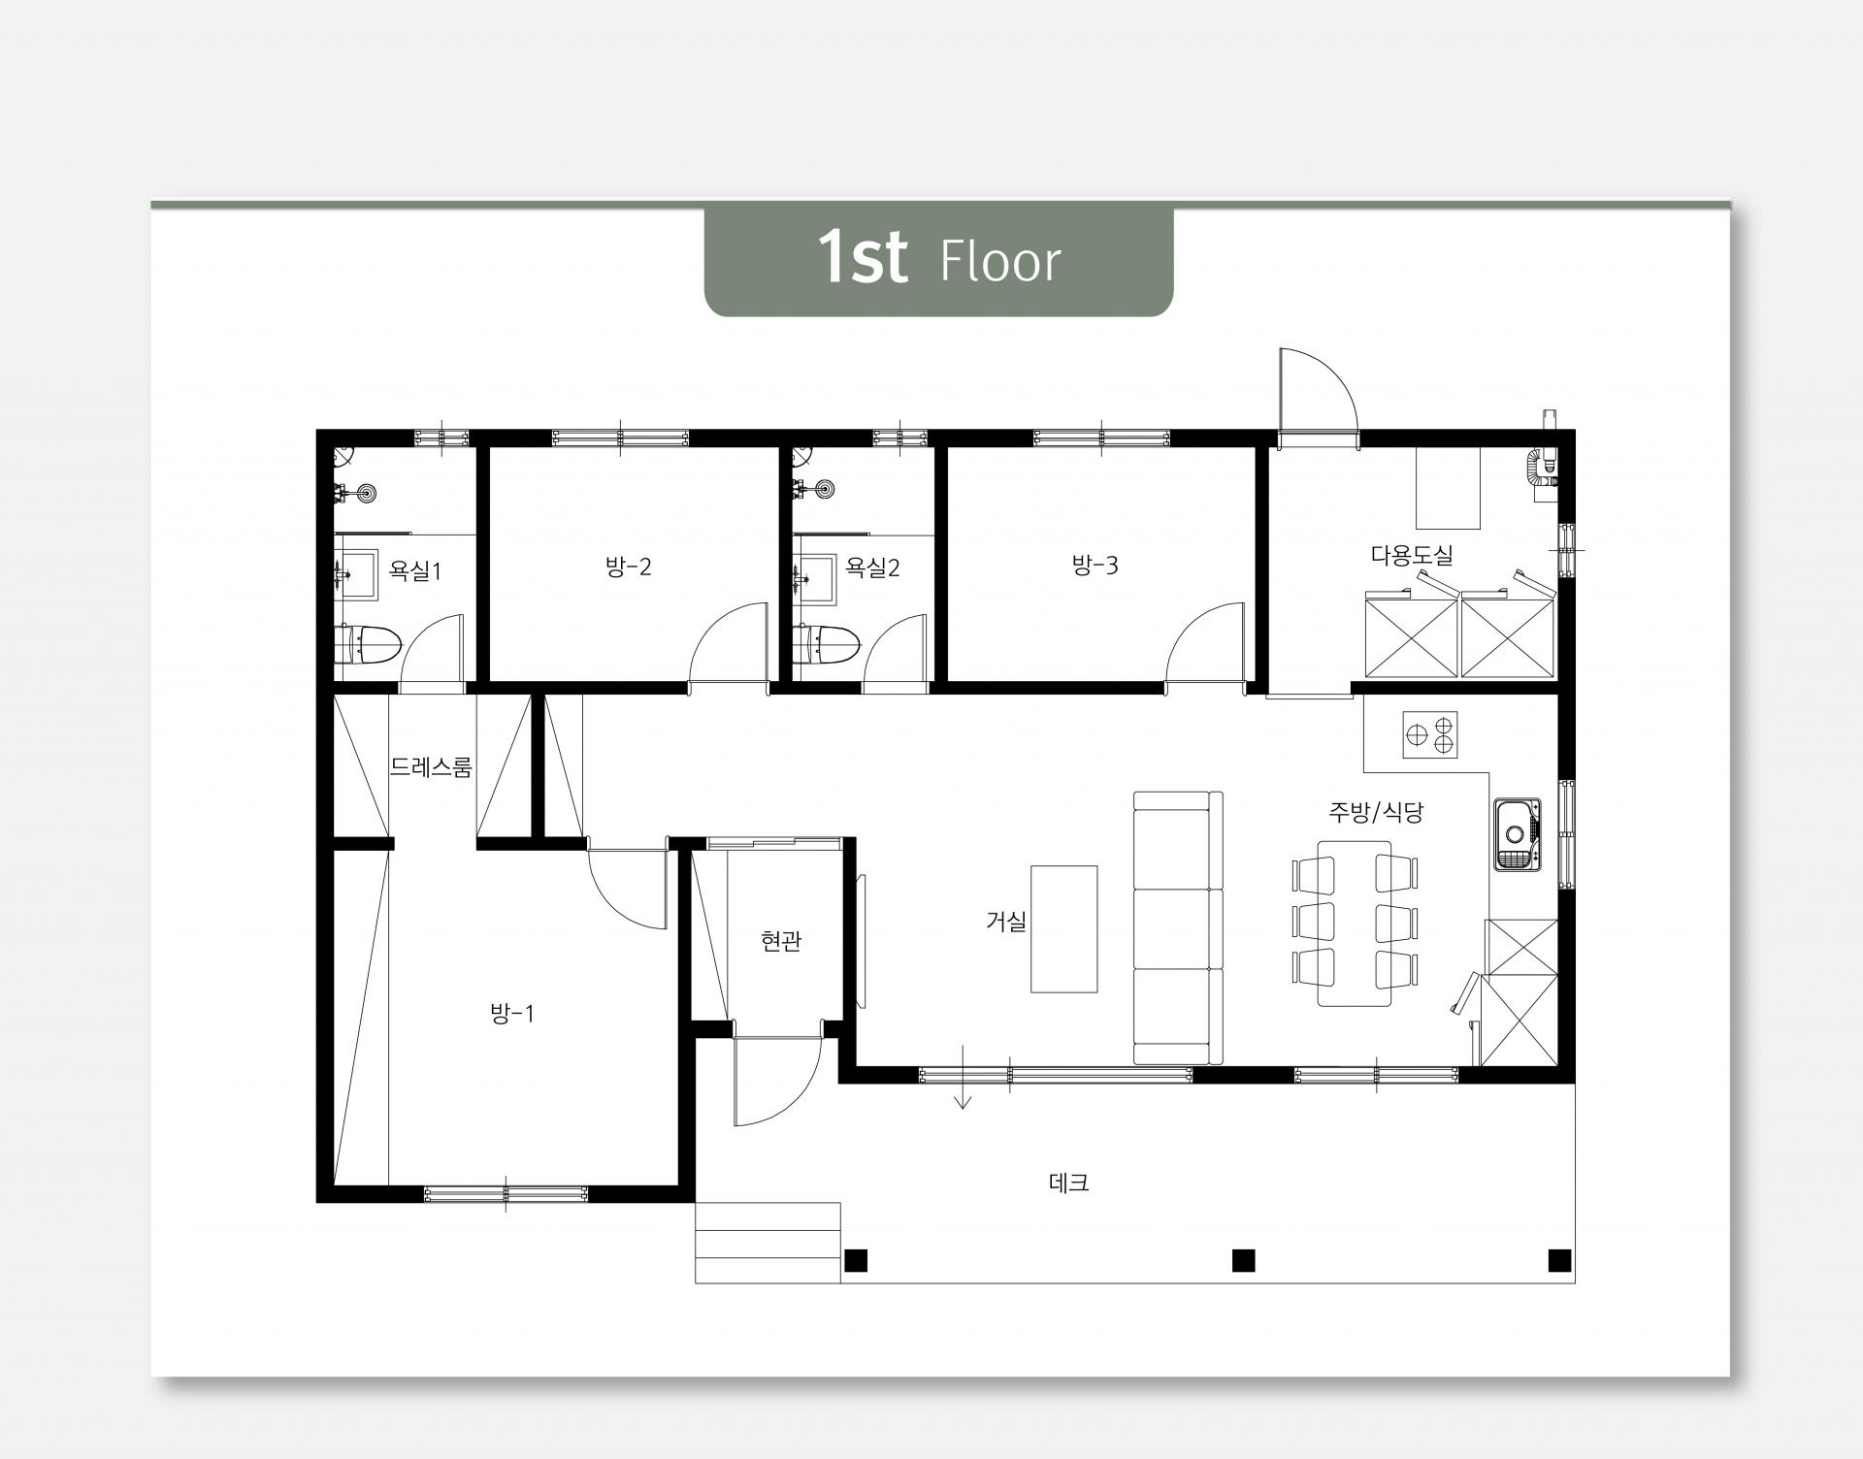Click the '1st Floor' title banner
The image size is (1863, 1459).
tap(938, 261)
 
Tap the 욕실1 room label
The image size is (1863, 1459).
tap(414, 570)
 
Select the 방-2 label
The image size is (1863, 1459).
tap(628, 567)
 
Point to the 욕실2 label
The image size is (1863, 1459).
tap(872, 567)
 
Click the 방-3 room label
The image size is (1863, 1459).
tap(1095, 565)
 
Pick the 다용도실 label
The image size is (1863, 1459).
tap(1412, 556)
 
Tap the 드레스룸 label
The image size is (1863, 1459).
tap(431, 767)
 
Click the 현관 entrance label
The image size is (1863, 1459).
tap(781, 940)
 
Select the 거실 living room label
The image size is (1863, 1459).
tap(1006, 922)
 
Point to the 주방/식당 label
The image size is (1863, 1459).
tap(1376, 812)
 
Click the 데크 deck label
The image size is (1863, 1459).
tap(1069, 1183)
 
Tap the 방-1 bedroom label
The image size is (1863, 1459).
tap(512, 1015)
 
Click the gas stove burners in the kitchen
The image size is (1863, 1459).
tap(1430, 733)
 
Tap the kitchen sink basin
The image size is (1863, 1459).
tap(1517, 834)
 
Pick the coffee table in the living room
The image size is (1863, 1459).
tap(1063, 928)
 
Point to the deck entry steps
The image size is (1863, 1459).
tap(768, 1243)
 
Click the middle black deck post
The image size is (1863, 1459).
tap(1243, 1260)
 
